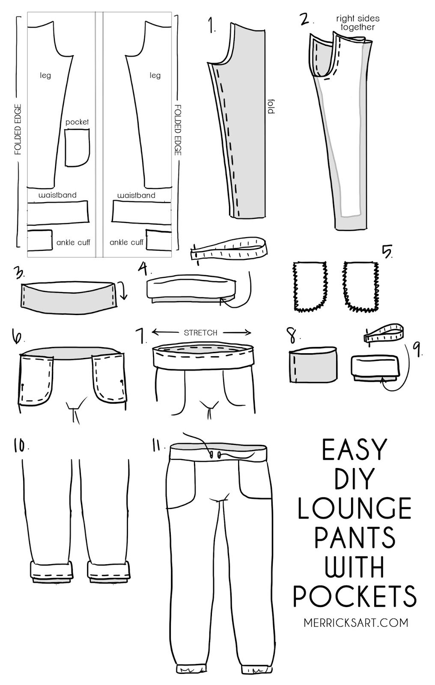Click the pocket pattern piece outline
pyautogui.click(x=77, y=148)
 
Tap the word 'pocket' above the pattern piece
pyautogui.click(x=77, y=122)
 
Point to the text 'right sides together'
pyautogui.click(x=358, y=23)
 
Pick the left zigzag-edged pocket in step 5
pyautogui.click(x=310, y=286)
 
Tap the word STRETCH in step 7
pyautogui.click(x=200, y=333)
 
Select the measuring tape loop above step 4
pyautogui.click(x=229, y=253)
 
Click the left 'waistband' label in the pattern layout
pyautogui.click(x=57, y=195)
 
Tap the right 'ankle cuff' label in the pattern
pyautogui.click(x=126, y=242)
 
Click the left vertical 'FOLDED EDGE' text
pyautogui.click(x=18, y=128)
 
